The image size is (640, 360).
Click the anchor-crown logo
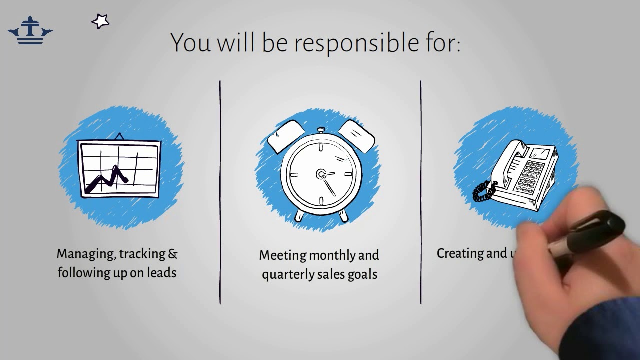[30, 31]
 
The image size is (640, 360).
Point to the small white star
[100, 21]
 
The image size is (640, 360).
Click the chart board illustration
[119, 169]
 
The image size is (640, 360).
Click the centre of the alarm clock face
[321, 174]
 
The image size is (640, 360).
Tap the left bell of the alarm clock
[286, 137]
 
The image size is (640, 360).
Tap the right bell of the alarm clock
[356, 136]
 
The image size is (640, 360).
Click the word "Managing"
[85, 254]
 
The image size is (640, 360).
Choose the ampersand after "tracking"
[173, 254]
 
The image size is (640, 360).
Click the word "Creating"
[458, 254]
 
